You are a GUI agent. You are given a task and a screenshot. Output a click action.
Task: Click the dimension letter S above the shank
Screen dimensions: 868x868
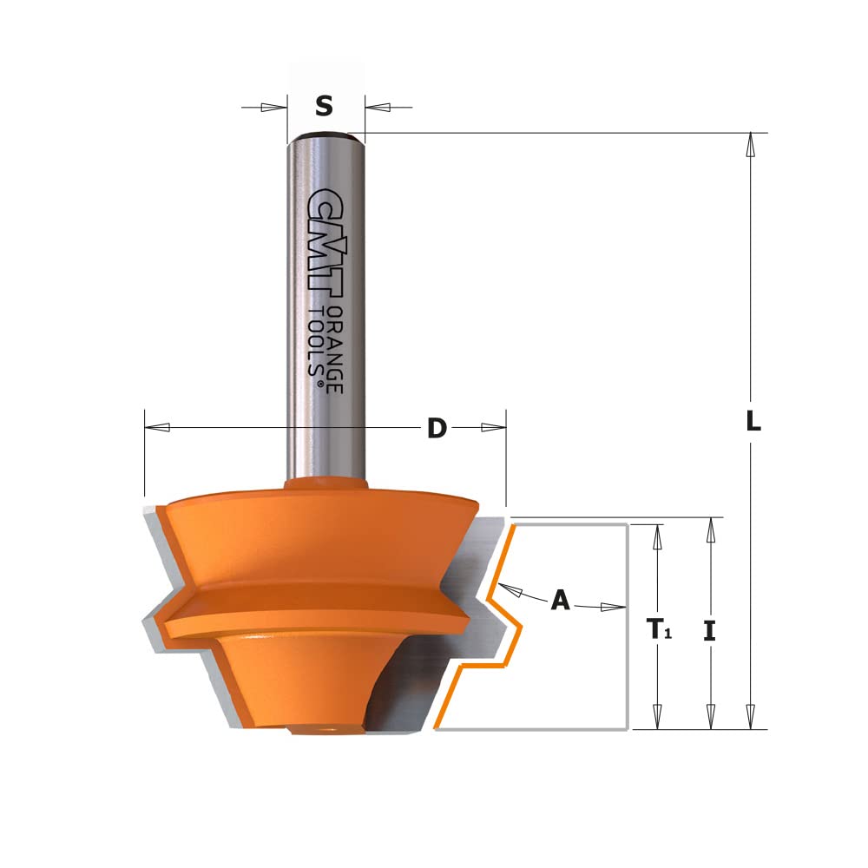(x=324, y=107)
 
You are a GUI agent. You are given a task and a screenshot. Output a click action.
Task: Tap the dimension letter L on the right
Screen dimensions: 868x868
(x=753, y=423)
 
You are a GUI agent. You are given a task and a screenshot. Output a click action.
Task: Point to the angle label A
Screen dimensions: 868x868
(x=561, y=600)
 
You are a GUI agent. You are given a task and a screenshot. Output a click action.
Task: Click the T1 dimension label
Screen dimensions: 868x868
(x=657, y=630)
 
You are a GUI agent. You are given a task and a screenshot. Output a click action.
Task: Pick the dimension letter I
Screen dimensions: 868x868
(x=709, y=630)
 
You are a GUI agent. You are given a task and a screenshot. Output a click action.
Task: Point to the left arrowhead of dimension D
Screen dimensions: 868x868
(x=157, y=427)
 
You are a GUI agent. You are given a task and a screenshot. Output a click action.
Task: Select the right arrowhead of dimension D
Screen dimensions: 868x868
(x=493, y=427)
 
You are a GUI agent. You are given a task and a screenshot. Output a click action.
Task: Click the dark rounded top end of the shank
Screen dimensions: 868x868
(x=325, y=135)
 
